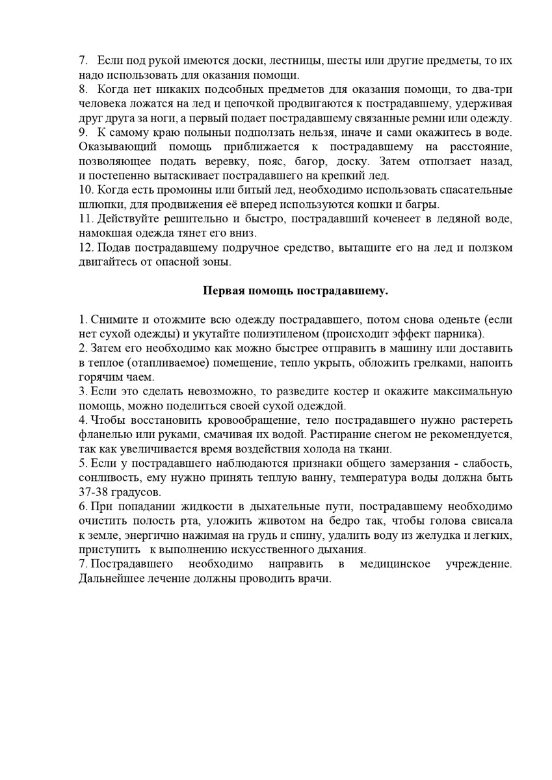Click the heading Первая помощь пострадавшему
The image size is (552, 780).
click(295, 291)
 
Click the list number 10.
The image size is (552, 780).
click(85, 189)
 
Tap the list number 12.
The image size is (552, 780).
click(85, 247)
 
